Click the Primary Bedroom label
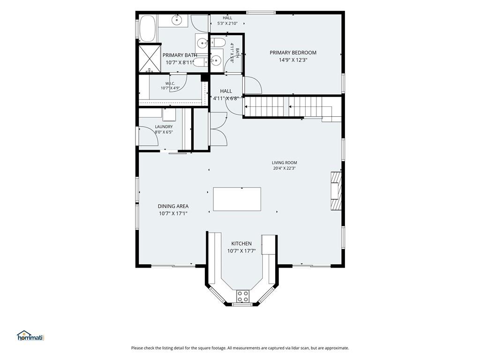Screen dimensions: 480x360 point(293,52)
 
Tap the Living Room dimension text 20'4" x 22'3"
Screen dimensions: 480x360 point(285,168)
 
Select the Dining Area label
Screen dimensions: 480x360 point(173,206)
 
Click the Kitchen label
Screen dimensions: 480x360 point(241,244)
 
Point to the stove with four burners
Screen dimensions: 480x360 point(243,296)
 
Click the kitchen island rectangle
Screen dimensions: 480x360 point(237,199)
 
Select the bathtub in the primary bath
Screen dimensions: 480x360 point(147,29)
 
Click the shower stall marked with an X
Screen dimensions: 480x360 point(150,59)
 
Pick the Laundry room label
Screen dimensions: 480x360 point(164,127)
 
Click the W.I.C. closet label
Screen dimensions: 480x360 point(170,83)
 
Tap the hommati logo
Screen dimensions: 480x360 point(31,336)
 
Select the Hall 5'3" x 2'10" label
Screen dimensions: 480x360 point(227,21)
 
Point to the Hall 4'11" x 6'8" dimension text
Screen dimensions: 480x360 point(226,98)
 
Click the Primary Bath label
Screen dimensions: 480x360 point(180,55)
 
